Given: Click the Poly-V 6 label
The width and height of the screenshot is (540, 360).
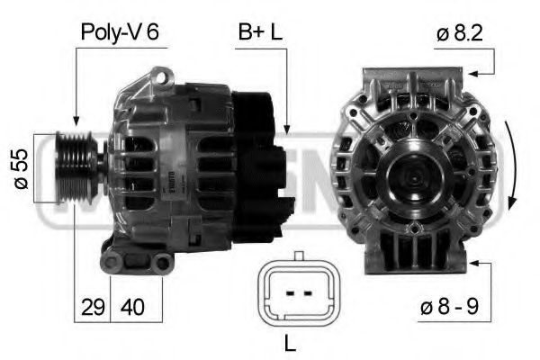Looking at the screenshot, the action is [120, 32].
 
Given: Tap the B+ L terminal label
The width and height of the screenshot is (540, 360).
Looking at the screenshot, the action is [260, 31].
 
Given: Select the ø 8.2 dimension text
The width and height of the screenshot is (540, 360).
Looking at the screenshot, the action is [459, 33].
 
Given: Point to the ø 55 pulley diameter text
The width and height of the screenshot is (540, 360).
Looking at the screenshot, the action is [22, 169].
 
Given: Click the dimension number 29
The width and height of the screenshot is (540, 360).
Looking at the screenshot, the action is [93, 307].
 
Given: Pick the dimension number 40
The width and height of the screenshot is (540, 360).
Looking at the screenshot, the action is [132, 307].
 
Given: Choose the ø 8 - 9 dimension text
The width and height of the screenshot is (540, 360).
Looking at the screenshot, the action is [449, 306].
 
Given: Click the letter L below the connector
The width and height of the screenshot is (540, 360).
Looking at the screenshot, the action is [290, 343].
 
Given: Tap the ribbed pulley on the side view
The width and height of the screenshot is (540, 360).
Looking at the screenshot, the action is [75, 167].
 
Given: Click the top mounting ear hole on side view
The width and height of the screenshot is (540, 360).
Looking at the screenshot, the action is [161, 76].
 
